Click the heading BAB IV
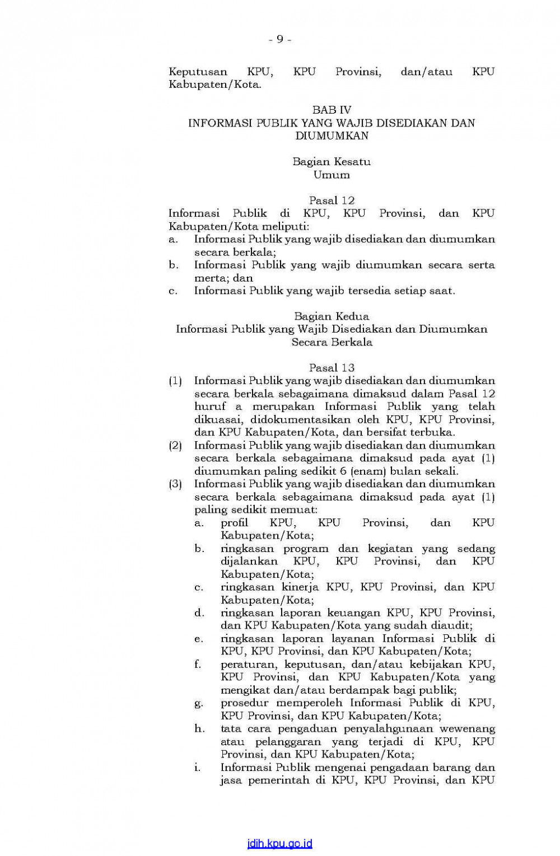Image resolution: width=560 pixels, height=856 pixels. tap(332, 110)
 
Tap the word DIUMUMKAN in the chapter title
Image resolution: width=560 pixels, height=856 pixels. tap(332, 136)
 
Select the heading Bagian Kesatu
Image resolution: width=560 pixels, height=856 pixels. tap(332, 162)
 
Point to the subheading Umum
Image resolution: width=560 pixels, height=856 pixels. tap(332, 175)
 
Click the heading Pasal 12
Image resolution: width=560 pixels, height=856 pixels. tap(332, 200)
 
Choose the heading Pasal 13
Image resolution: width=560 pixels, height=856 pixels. tap(332, 368)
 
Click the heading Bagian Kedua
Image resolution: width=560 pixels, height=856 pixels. tap(332, 316)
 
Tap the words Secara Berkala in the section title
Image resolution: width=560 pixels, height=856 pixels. tap(332, 342)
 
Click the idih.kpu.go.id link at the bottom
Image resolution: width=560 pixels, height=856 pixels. tap(280, 844)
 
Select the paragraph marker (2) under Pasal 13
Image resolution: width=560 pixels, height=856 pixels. tap(175, 446)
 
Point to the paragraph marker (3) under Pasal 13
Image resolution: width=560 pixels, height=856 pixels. tap(175, 484)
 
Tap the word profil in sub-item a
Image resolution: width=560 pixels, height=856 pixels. tap(234, 523)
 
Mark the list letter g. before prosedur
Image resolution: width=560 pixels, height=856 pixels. tap(198, 704)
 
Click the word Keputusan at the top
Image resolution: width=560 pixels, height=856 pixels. tap(198, 72)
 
